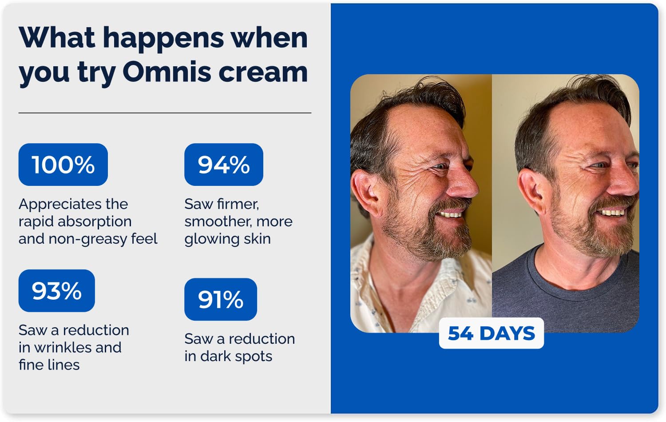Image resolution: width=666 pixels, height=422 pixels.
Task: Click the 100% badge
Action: click(x=63, y=165)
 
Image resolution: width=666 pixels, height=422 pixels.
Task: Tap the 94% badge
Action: click(x=224, y=165)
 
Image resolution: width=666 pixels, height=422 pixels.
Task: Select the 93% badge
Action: click(x=56, y=291)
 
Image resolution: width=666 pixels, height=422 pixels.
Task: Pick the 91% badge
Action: click(x=221, y=299)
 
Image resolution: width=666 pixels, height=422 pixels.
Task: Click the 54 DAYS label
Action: click(x=492, y=333)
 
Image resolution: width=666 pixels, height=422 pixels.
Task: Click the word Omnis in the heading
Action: click(x=167, y=72)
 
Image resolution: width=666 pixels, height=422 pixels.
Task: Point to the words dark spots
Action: click(x=236, y=356)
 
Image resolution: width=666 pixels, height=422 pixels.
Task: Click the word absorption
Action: click(x=95, y=222)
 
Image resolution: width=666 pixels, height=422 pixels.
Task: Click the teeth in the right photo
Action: click(x=611, y=213)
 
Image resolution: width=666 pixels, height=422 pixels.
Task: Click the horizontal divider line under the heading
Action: click(x=165, y=113)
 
